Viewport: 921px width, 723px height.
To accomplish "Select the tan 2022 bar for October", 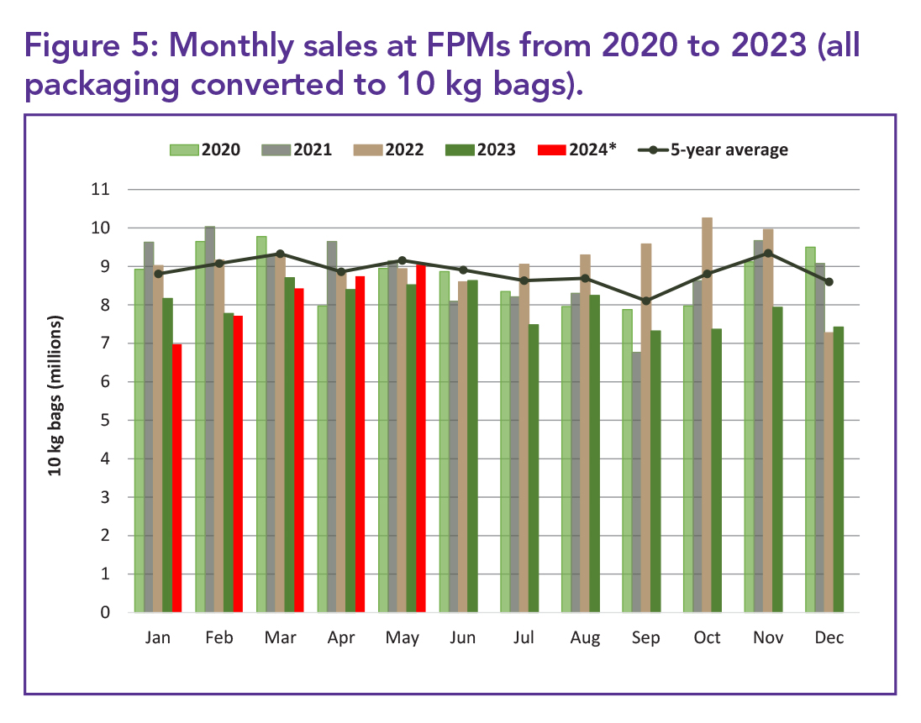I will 708,415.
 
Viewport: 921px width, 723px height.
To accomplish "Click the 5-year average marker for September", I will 646,301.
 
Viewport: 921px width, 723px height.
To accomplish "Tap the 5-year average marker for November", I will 769,253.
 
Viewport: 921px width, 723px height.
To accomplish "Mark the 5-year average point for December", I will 829,282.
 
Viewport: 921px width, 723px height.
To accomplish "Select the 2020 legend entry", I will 205,150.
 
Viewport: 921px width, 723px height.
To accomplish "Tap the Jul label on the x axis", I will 524,639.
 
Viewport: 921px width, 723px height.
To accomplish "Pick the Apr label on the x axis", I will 341,639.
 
